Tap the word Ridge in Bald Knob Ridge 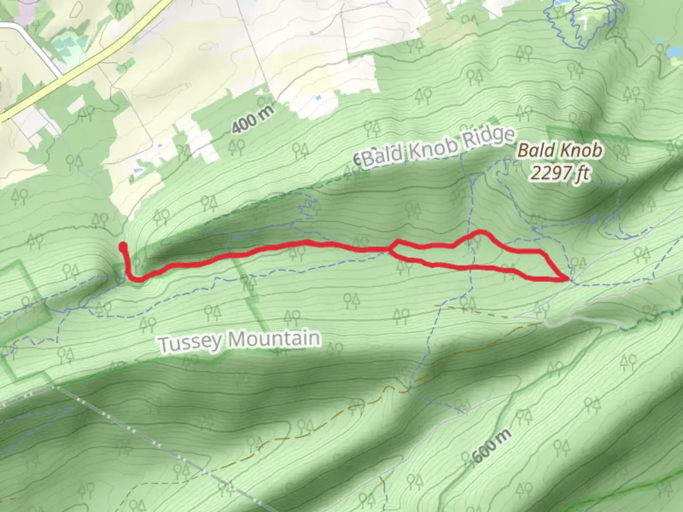pos(489,138)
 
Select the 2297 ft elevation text pos(560,173)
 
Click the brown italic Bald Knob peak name pos(560,151)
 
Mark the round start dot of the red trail pos(123,246)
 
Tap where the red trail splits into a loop pos(392,248)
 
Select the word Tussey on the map pos(190,343)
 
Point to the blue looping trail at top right pos(583,24)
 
